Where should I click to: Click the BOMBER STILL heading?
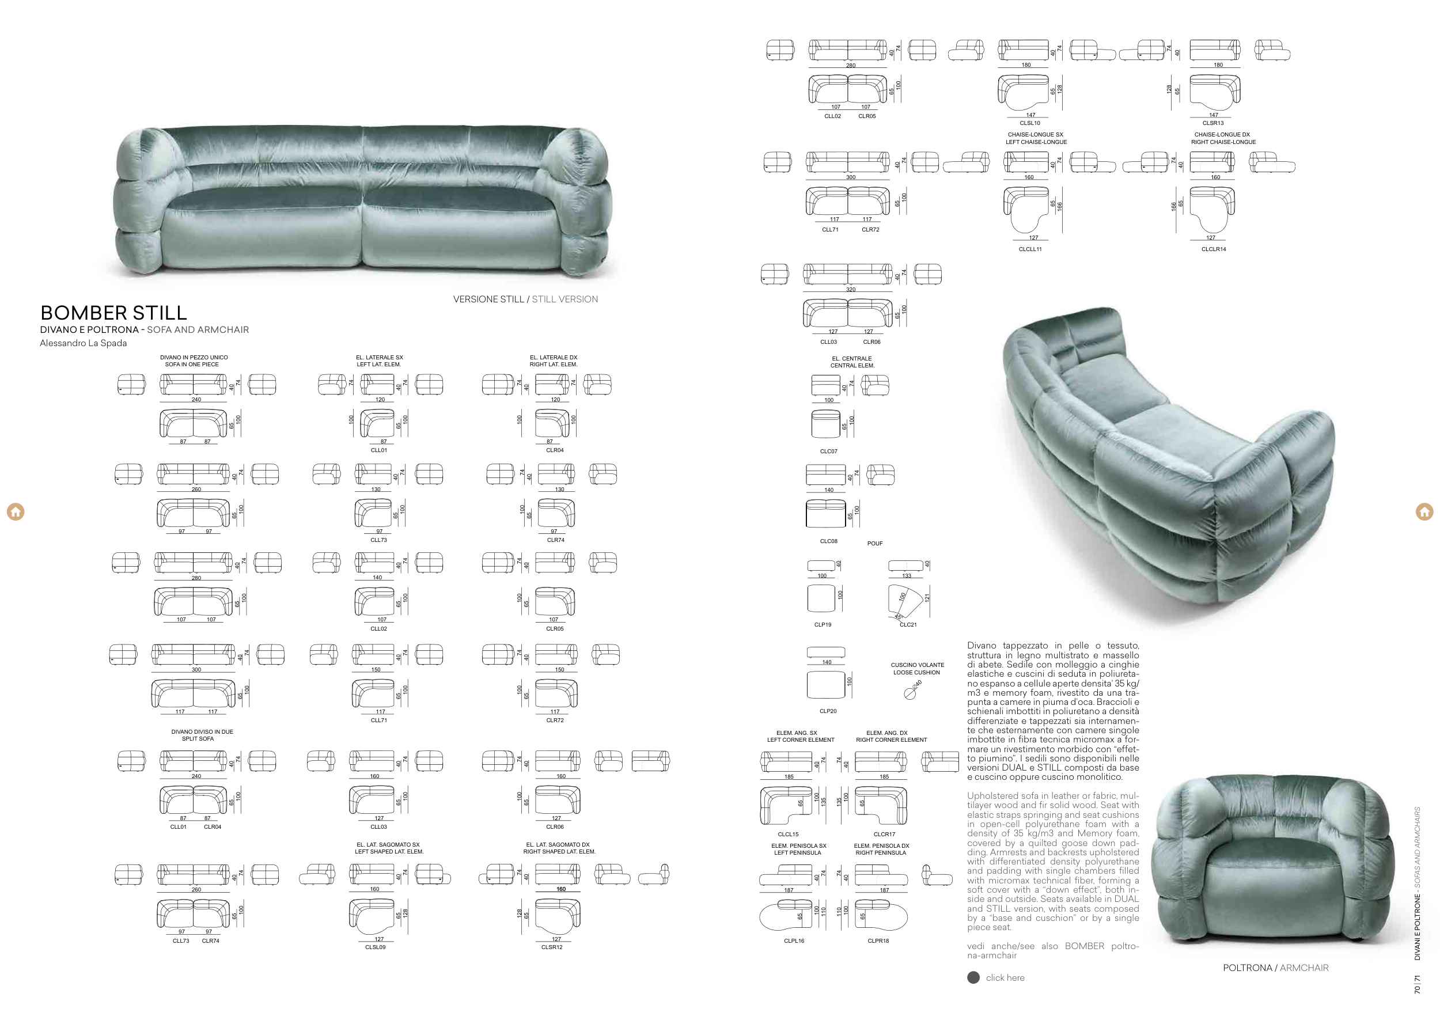[113, 313]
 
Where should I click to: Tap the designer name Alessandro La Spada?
[83, 343]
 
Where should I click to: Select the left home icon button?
[16, 511]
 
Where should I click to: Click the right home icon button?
[1424, 511]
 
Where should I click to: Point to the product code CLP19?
[823, 625]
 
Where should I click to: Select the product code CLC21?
[908, 625]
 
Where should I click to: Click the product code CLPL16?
[794, 940]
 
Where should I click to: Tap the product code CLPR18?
[878, 940]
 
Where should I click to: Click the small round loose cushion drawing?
[909, 693]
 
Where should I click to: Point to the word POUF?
[874, 544]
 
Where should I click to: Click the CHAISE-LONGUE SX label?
[1035, 134]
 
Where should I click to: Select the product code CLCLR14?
[1213, 249]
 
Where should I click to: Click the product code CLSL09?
[375, 947]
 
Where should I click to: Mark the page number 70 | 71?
[1418, 984]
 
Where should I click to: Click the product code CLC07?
[828, 452]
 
